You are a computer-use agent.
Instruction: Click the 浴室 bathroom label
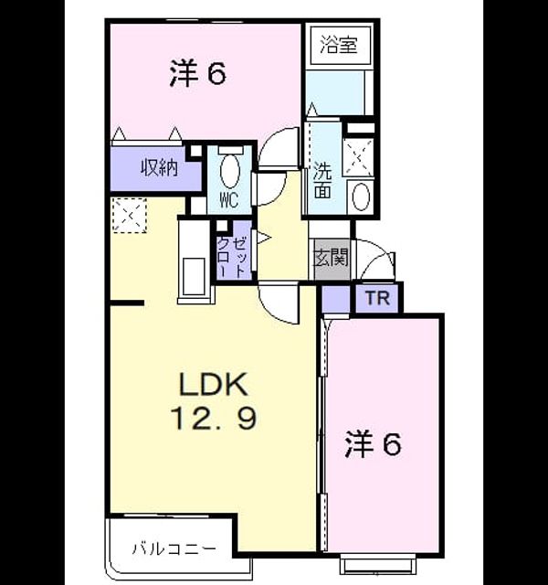pyautogui.click(x=339, y=44)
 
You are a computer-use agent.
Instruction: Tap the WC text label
pyautogui.click(x=229, y=201)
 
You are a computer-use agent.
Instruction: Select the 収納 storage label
pyautogui.click(x=159, y=167)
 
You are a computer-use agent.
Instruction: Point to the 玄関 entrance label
pyautogui.click(x=331, y=257)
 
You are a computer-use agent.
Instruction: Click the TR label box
pyautogui.click(x=377, y=298)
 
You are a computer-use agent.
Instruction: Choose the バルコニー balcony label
pyautogui.click(x=174, y=548)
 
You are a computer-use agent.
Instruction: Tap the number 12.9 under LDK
pyautogui.click(x=214, y=419)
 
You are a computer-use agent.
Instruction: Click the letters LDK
pyautogui.click(x=213, y=384)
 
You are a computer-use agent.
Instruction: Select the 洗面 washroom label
pyautogui.click(x=322, y=181)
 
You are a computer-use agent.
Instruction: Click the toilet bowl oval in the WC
pyautogui.click(x=229, y=171)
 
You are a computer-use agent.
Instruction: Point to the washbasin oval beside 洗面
pyautogui.click(x=361, y=197)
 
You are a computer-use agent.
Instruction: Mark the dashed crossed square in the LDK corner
pyautogui.click(x=130, y=216)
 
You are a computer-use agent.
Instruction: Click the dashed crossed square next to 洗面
pyautogui.click(x=358, y=157)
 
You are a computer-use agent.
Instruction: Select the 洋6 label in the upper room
pyautogui.click(x=198, y=74)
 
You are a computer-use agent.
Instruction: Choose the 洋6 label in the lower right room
pyautogui.click(x=374, y=443)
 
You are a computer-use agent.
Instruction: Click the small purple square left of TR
pyautogui.click(x=335, y=299)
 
